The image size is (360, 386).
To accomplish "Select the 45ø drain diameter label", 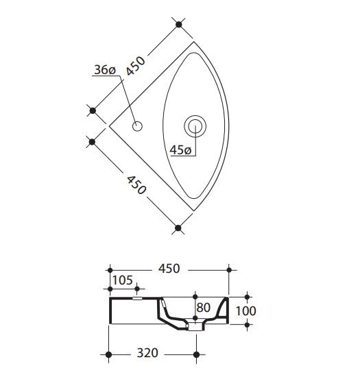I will [180, 150].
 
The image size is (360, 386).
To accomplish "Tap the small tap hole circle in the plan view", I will [137, 126].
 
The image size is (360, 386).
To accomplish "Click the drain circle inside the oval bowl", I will [195, 125].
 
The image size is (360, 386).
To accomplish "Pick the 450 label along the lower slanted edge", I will [134, 184].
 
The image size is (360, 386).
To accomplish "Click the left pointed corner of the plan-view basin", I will [108, 126].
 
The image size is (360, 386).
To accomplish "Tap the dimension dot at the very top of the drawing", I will [179, 25].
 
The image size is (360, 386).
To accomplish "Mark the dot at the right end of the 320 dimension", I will [197, 354].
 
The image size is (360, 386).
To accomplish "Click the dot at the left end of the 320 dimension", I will [109, 354].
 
